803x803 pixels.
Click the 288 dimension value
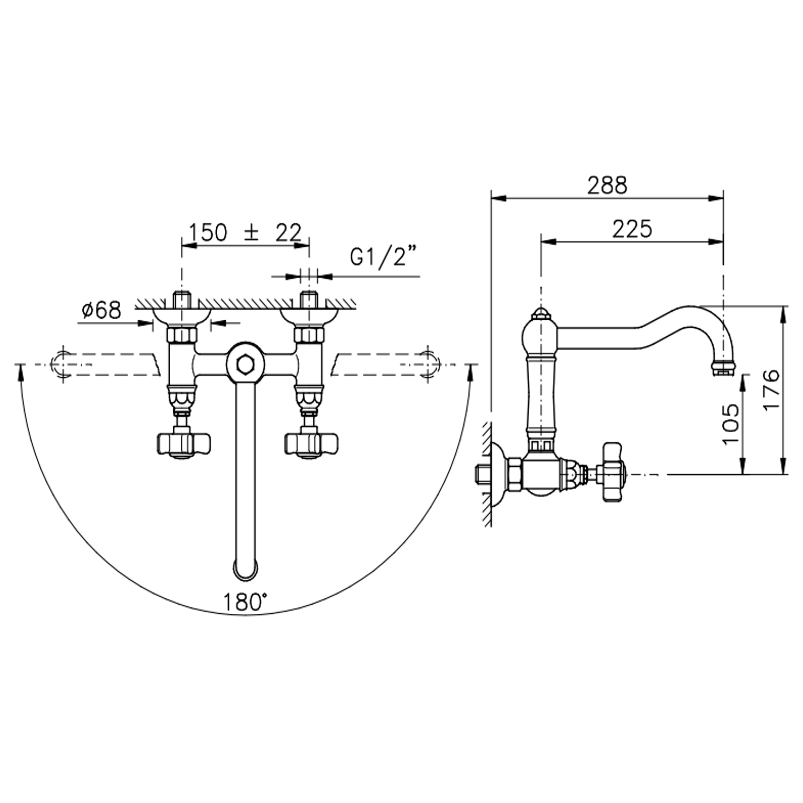(607, 185)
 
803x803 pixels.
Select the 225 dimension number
(632, 229)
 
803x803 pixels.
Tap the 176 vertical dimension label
(771, 389)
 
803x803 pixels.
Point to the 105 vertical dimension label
(730, 424)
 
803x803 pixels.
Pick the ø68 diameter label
(101, 310)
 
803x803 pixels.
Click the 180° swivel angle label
(245, 602)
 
